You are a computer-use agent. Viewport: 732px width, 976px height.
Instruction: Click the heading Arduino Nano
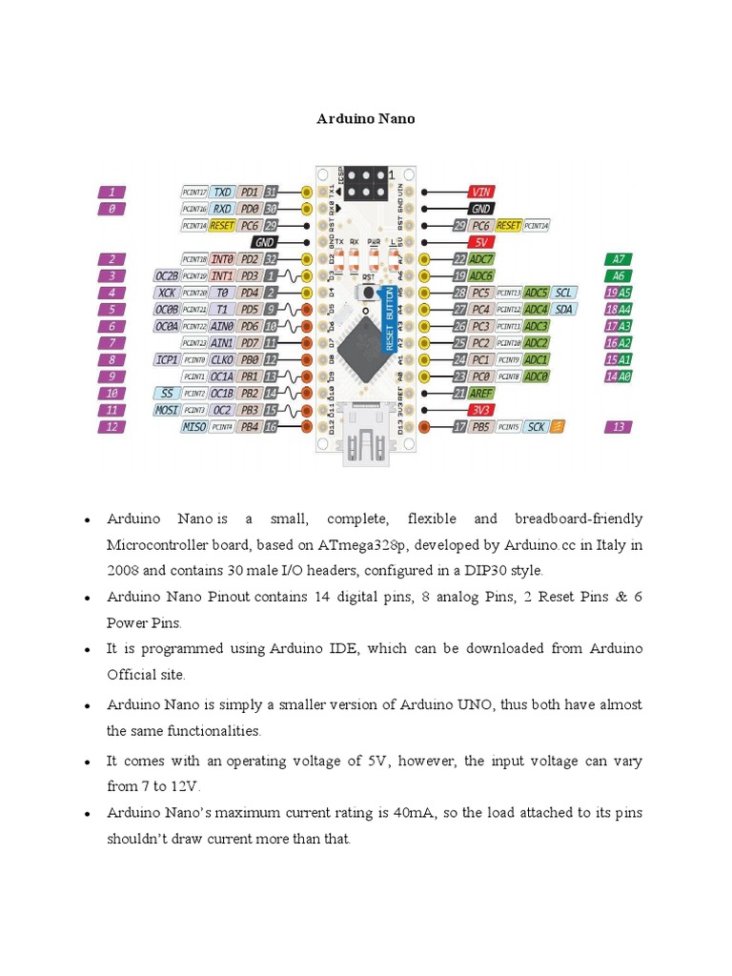click(365, 119)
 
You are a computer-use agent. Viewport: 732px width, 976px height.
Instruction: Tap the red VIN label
click(481, 192)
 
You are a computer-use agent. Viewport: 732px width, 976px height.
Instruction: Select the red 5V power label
click(481, 242)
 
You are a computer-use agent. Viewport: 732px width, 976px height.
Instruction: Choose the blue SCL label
click(563, 293)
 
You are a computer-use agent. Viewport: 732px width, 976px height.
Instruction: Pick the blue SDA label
click(563, 309)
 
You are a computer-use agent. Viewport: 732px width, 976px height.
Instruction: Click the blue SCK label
click(537, 427)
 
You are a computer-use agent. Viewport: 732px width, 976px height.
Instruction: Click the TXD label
click(222, 192)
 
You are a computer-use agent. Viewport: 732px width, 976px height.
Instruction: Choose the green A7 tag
click(619, 259)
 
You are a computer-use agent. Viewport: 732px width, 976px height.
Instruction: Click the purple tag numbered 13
click(619, 427)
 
